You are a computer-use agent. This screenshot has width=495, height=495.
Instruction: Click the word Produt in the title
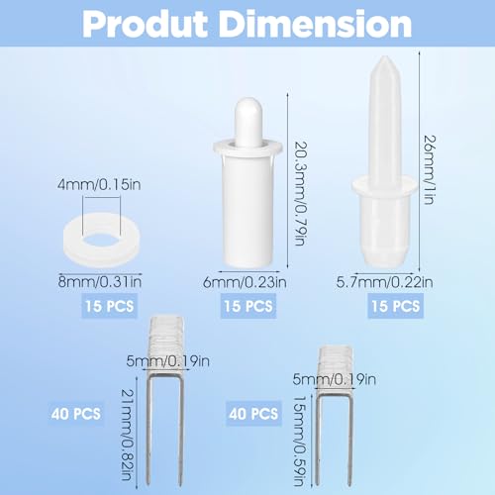coord(145,25)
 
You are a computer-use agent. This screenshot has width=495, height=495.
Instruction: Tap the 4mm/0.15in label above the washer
coord(99,184)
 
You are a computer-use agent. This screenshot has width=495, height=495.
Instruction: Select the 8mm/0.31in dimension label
coord(100,282)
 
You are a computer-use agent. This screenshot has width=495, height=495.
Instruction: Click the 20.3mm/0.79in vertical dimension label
coord(300,193)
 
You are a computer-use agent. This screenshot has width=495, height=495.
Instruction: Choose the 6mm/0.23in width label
coord(245,282)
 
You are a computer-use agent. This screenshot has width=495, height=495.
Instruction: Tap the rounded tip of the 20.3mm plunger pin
coord(248,101)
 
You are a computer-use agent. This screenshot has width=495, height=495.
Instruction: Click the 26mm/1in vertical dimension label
coord(430,169)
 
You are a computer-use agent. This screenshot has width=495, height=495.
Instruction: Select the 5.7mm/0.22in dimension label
coord(384,282)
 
